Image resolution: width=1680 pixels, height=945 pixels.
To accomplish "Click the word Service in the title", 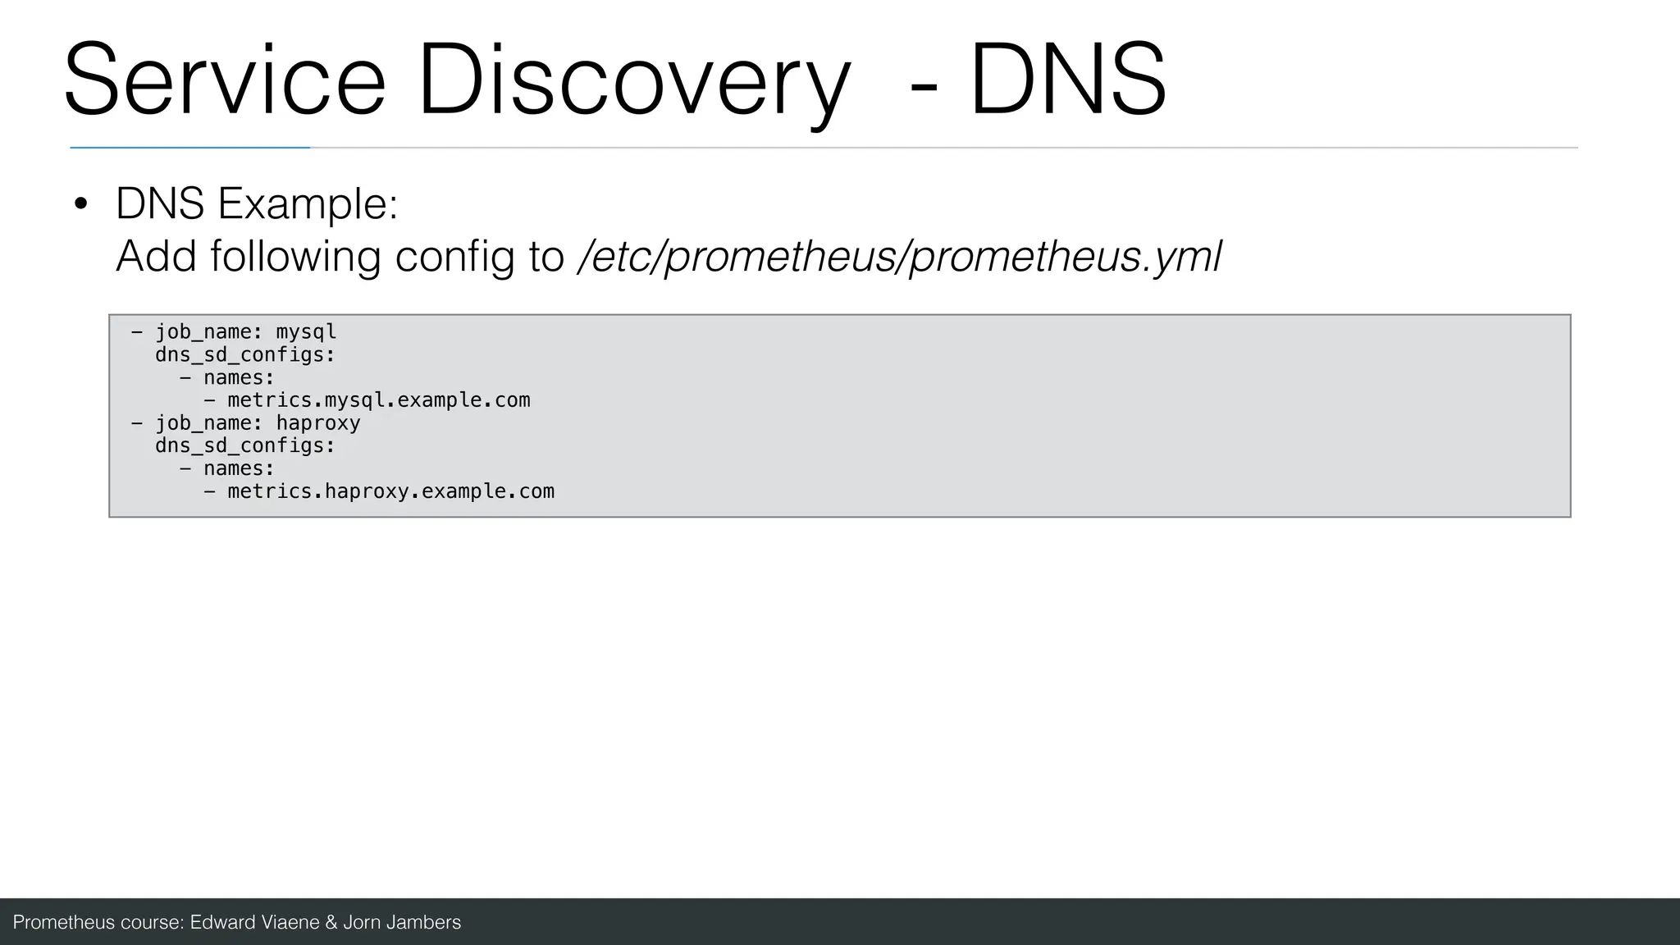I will [x=225, y=80].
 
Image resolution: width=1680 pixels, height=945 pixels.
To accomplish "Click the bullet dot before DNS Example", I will [x=80, y=204].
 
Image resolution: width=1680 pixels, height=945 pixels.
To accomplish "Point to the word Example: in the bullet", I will [x=308, y=204].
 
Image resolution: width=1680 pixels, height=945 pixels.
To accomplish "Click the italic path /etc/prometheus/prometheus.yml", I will [x=900, y=257].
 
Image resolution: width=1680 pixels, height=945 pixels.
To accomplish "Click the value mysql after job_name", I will [x=306, y=332].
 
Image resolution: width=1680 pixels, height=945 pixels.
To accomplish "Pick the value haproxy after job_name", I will [x=318, y=423].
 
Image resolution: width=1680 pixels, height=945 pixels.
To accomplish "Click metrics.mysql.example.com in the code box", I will [x=378, y=400].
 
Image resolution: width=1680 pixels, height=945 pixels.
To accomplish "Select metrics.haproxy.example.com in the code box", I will [x=390, y=491].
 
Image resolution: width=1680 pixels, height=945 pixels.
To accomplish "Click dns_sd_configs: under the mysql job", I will [x=245, y=355].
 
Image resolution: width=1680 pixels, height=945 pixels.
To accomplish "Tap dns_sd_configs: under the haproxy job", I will [x=245, y=446].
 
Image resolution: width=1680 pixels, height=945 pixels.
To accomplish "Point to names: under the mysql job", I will [x=239, y=378].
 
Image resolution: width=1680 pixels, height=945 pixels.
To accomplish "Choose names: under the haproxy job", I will [x=239, y=469].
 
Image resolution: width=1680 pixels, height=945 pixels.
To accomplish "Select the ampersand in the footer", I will [x=331, y=923].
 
